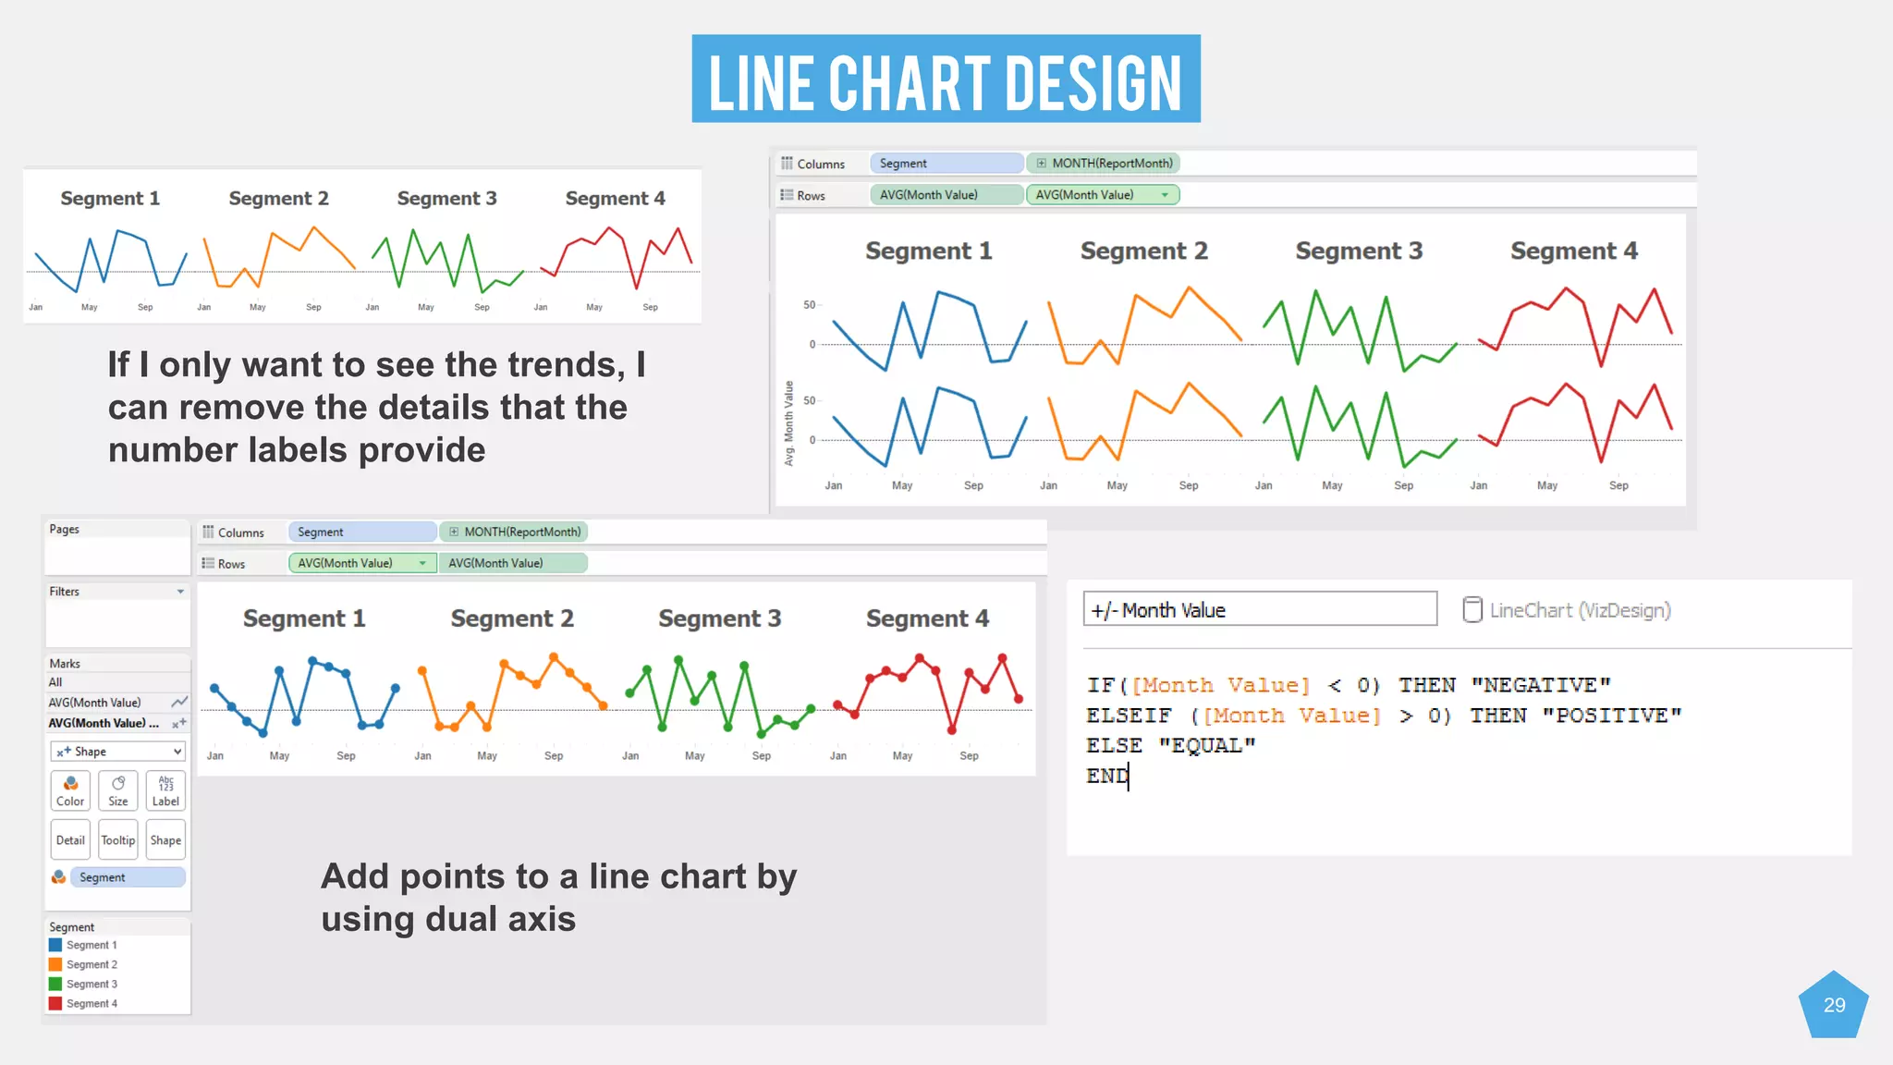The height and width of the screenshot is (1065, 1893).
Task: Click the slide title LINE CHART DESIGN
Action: pos(946,80)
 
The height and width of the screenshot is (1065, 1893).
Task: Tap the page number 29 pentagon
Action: pos(1834,1006)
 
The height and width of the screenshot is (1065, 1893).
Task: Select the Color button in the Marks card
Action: pos(70,790)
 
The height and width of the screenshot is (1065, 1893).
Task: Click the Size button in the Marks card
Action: pos(118,790)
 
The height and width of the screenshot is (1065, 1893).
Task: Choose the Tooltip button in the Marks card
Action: pos(118,839)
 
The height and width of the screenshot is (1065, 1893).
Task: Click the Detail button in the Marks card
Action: pos(70,839)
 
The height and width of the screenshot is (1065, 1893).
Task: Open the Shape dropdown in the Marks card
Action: pos(117,752)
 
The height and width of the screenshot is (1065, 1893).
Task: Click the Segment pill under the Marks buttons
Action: pos(128,877)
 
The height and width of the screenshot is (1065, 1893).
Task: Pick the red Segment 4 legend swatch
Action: pos(55,1003)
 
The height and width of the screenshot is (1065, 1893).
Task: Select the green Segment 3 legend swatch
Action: pos(55,984)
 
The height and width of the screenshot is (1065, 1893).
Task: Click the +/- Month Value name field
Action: pos(1259,610)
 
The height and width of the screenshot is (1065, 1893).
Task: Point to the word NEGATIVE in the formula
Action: pos(1540,685)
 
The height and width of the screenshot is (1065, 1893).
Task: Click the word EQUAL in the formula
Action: pos(1207,745)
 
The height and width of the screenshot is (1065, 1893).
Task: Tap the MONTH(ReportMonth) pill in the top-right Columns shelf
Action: pos(1104,164)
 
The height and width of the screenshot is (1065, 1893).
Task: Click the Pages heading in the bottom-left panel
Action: pos(65,530)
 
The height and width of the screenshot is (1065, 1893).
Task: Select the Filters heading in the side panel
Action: pos(65,592)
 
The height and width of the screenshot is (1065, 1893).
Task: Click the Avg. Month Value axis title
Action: pos(789,423)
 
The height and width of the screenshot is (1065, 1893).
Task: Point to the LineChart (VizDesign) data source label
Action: pos(1580,610)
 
